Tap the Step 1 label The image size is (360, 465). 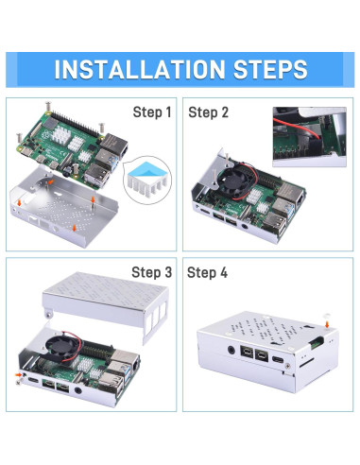pyautogui.click(x=151, y=113)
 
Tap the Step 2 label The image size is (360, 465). pyautogui.click(x=209, y=113)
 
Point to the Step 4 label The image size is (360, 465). pyautogui.click(x=209, y=273)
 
